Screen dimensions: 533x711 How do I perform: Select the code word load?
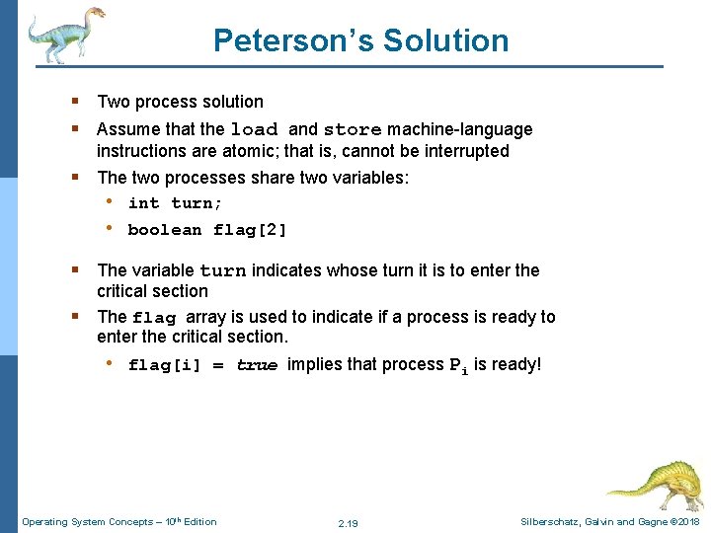point(255,129)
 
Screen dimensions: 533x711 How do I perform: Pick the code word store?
point(353,129)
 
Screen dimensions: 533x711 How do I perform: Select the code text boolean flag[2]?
point(207,230)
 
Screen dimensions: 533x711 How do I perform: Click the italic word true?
point(257,365)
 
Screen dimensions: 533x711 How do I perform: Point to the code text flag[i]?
point(164,365)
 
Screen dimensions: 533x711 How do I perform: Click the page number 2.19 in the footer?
point(348,522)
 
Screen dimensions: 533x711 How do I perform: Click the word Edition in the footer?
point(198,521)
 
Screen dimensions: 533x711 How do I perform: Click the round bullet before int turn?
point(109,202)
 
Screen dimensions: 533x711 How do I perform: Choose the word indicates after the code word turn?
point(291,269)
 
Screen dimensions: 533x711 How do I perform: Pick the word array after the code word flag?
point(205,317)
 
